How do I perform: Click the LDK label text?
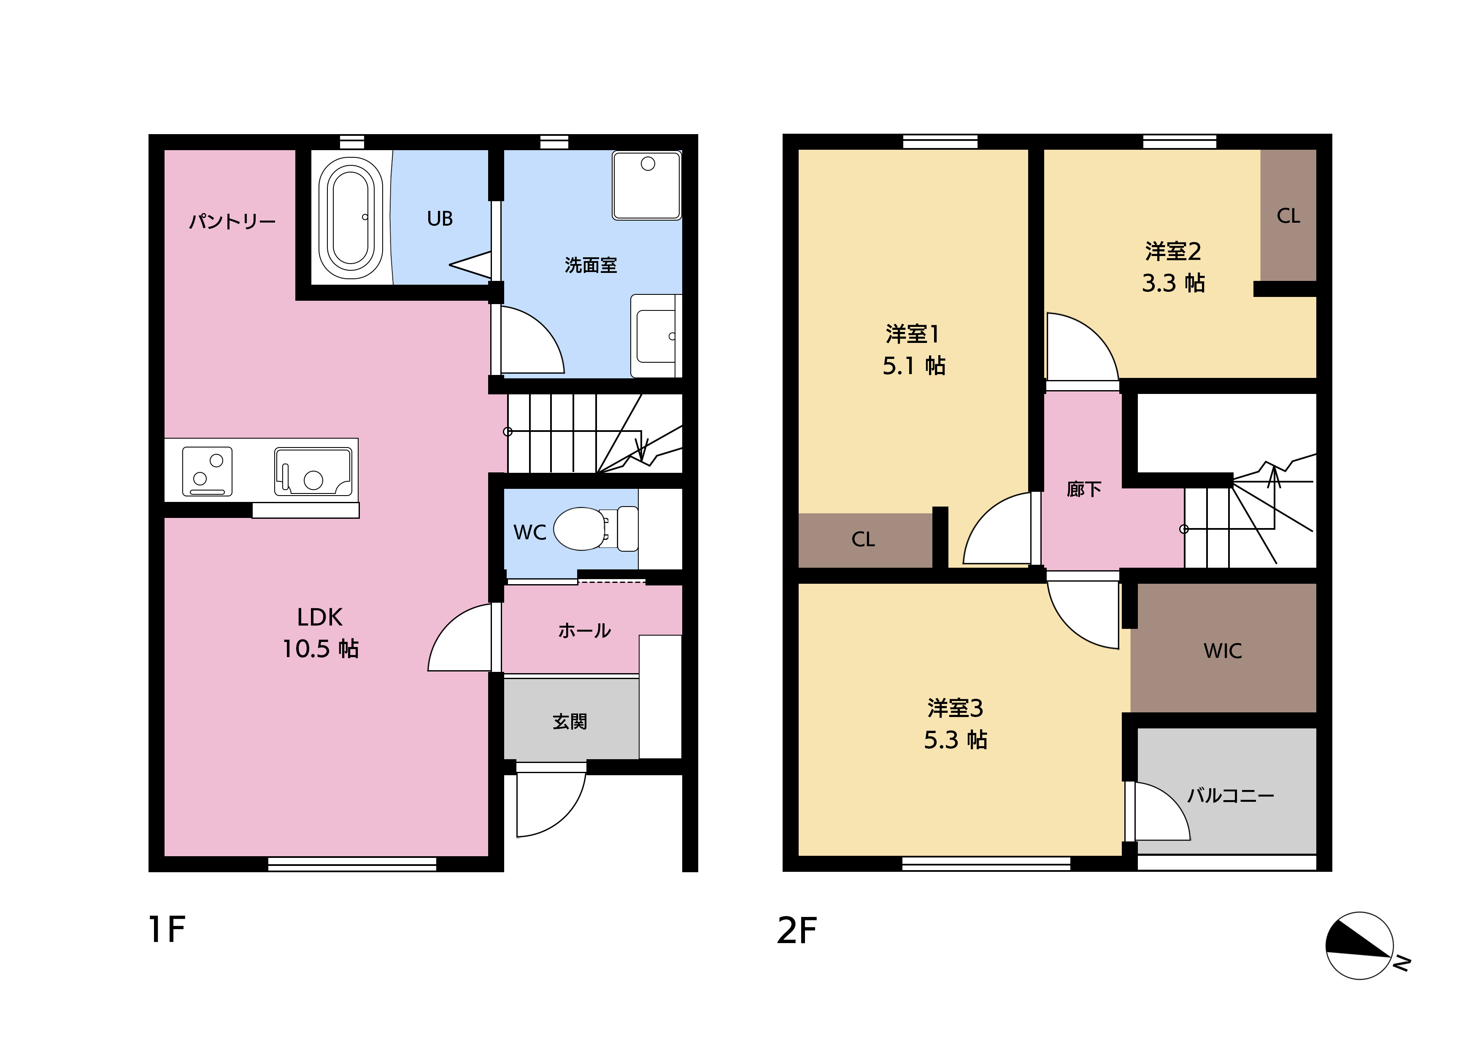(x=320, y=617)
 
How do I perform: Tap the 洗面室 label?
(x=591, y=265)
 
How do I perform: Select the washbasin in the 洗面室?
(x=656, y=336)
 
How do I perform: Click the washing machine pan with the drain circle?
(x=646, y=186)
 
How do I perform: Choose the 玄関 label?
(x=570, y=721)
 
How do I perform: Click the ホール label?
(x=584, y=630)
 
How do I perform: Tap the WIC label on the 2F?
(x=1222, y=651)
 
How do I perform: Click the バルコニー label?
(x=1231, y=795)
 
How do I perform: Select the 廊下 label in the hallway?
(x=1083, y=489)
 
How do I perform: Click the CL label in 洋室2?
(x=1288, y=216)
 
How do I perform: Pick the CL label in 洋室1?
(x=863, y=539)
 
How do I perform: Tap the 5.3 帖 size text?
(x=955, y=740)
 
